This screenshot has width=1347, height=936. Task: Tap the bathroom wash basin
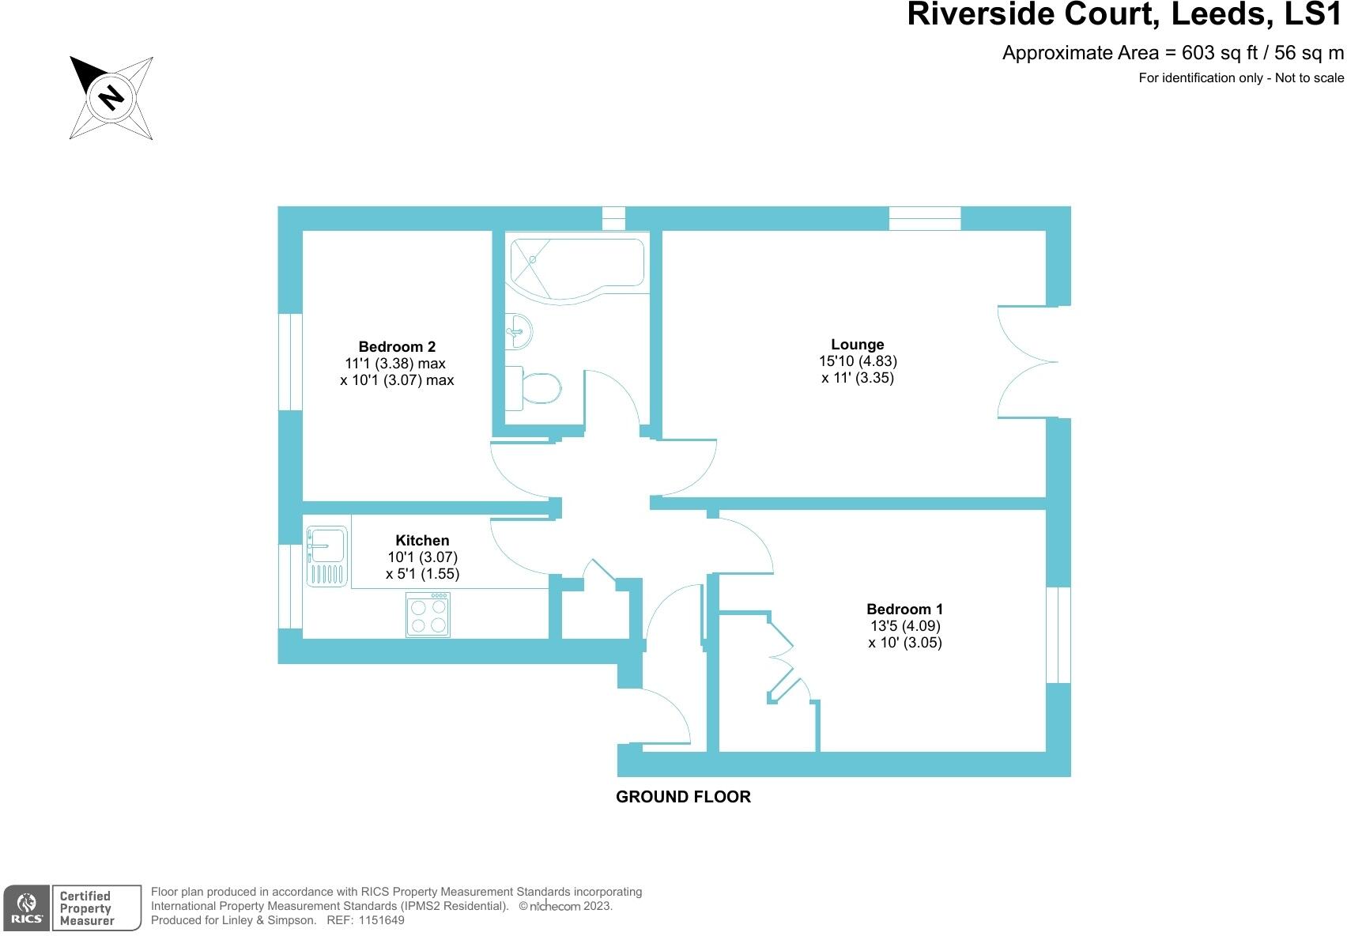[520, 330]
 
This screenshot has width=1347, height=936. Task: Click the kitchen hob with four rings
[428, 615]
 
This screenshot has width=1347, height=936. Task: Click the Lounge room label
[858, 345]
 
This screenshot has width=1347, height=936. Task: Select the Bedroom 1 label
[904, 609]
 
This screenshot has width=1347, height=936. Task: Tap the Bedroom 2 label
[397, 346]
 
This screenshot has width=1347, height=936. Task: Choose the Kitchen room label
[422, 541]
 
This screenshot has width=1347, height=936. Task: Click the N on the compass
[111, 97]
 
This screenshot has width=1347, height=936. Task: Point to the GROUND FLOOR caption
[683, 797]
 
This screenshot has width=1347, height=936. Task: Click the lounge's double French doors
[1028, 362]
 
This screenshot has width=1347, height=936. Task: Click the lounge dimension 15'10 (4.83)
[858, 361]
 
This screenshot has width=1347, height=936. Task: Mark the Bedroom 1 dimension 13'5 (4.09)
[904, 625]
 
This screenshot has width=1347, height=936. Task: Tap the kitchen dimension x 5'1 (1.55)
[422, 574]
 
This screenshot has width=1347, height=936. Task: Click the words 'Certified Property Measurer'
[87, 908]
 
